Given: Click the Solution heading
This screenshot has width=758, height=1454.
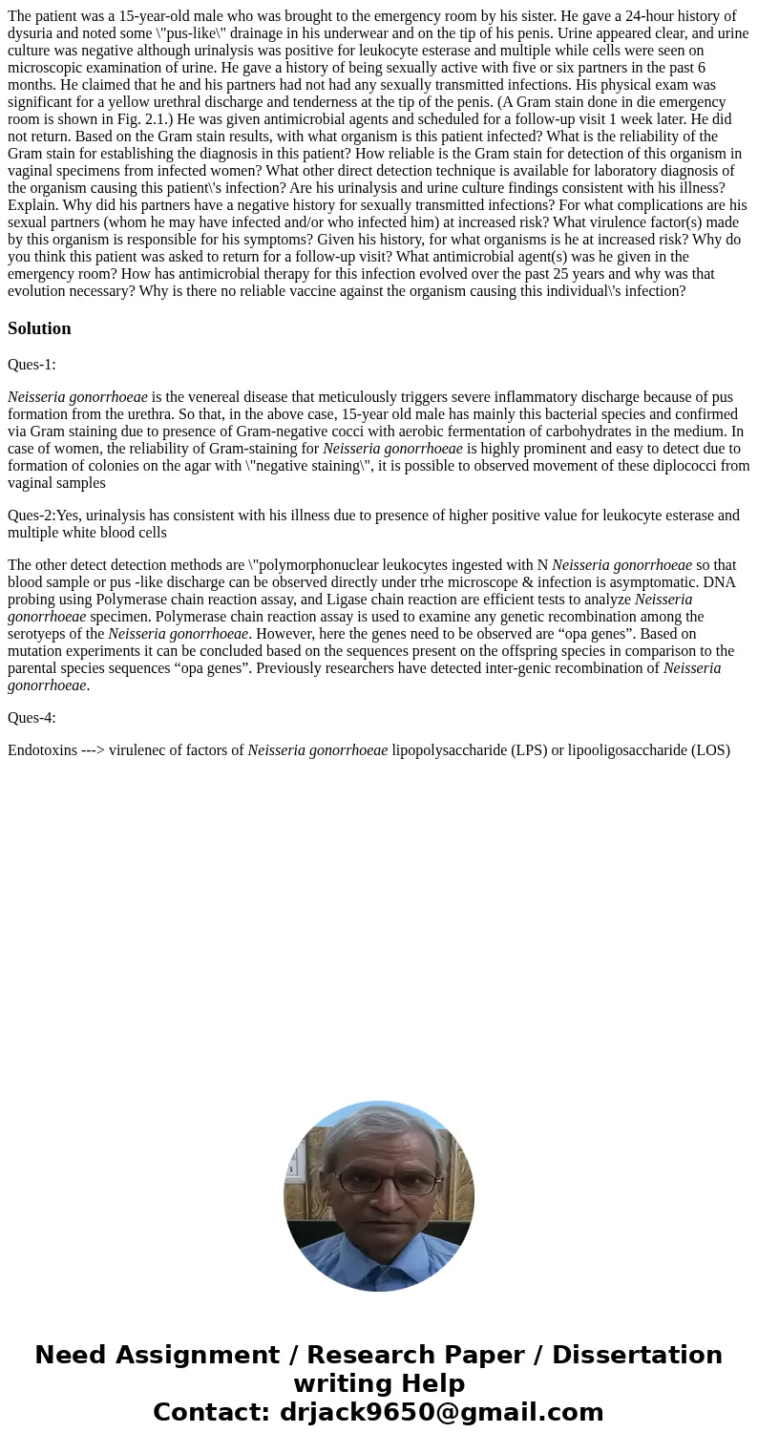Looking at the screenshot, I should (39, 328).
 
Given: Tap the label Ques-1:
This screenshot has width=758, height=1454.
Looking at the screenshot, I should (32, 364).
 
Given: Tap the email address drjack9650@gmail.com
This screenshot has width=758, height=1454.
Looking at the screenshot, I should (440, 1412).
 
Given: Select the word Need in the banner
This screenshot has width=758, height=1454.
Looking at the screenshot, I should (70, 1355).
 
